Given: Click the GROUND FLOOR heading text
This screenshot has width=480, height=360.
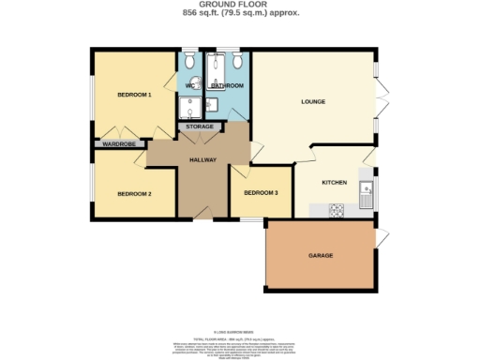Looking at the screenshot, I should click(x=240, y=5).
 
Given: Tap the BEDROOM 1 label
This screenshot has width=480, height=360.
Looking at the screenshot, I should click(x=134, y=96).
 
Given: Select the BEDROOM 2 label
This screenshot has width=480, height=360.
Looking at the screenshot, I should click(x=134, y=193).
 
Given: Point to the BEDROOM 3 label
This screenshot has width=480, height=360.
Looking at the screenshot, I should click(x=261, y=192).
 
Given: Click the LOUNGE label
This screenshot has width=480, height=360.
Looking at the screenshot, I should click(x=313, y=101).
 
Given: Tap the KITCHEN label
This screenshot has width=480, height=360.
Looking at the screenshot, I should click(x=335, y=182).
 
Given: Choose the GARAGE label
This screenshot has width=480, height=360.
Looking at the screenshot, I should click(x=322, y=255).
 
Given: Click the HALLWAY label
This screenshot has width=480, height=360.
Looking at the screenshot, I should click(x=203, y=160).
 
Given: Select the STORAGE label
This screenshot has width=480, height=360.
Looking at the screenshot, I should click(x=199, y=126).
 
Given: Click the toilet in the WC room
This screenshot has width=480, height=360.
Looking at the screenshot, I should click(x=189, y=62).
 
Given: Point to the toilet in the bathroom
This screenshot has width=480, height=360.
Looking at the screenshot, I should click(x=238, y=62).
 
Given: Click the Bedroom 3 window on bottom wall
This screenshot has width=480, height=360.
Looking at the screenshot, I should click(x=251, y=219).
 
